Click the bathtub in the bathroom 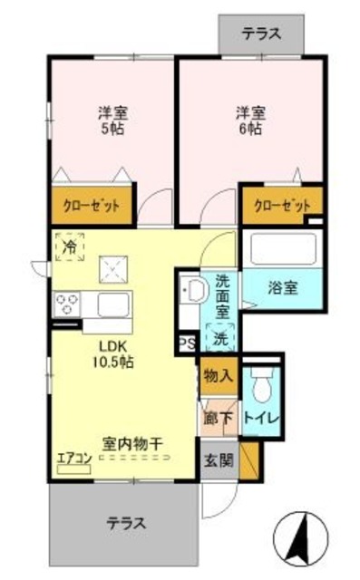[x=281, y=249]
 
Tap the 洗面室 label [x=222, y=296]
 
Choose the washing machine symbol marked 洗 [x=219, y=338]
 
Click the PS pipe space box [x=187, y=343]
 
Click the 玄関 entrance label [x=219, y=459]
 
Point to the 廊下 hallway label [x=218, y=419]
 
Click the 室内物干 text [x=132, y=444]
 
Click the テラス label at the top [x=261, y=34]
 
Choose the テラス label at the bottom [x=126, y=523]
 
